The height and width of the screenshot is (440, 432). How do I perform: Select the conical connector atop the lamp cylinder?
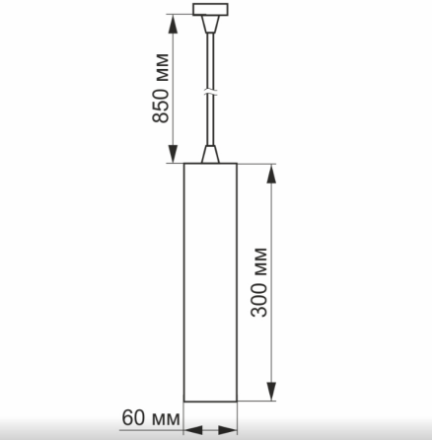[210, 153]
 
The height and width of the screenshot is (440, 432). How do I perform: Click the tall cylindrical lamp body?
[211, 281]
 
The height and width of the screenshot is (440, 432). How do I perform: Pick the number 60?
[134, 417]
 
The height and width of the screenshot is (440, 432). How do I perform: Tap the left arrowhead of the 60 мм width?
[190, 429]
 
